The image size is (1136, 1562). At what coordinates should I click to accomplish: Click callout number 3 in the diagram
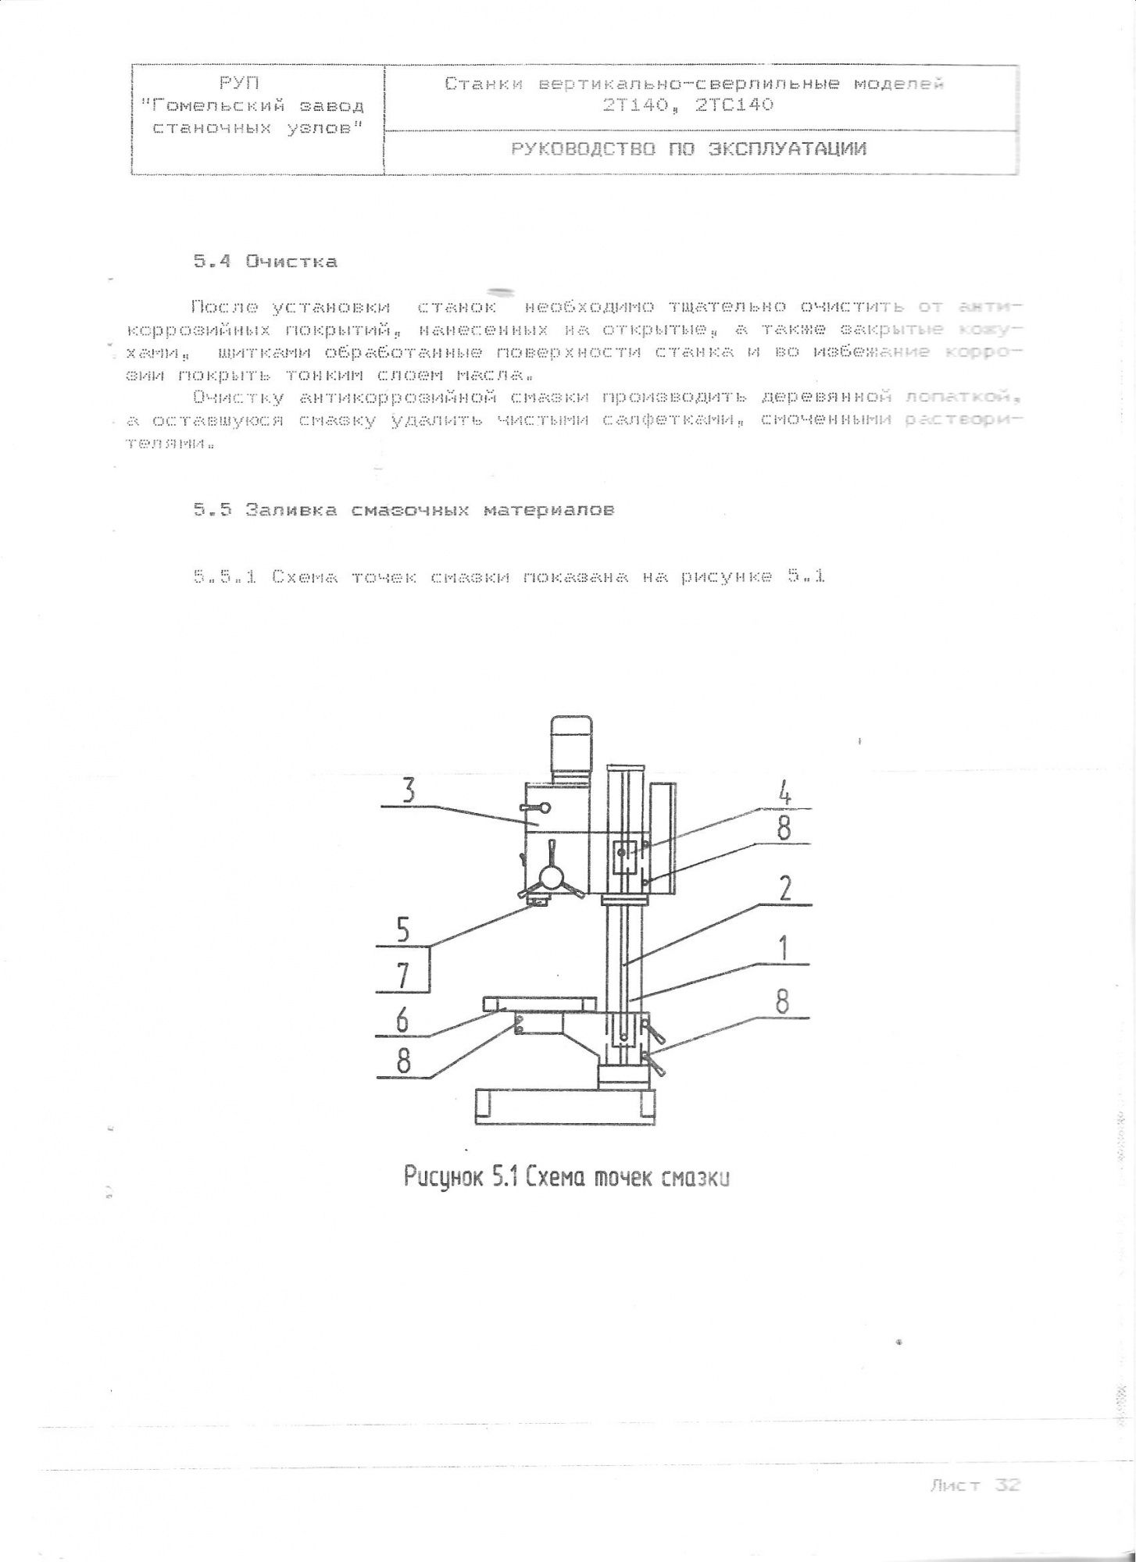408,791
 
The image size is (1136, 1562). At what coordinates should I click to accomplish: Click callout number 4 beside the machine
785,793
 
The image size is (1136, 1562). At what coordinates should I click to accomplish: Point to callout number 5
403,930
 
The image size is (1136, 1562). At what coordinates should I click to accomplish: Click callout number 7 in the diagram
403,976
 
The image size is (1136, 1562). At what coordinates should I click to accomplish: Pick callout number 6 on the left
403,1019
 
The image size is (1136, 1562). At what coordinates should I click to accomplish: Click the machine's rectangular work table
539,1003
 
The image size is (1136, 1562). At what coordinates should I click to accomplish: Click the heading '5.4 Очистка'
266,262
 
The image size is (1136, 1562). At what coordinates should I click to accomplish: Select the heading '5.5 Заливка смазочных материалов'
404,510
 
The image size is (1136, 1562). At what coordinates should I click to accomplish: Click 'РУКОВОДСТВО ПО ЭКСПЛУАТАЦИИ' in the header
688,149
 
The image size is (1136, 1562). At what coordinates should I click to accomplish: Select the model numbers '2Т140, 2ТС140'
688,104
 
